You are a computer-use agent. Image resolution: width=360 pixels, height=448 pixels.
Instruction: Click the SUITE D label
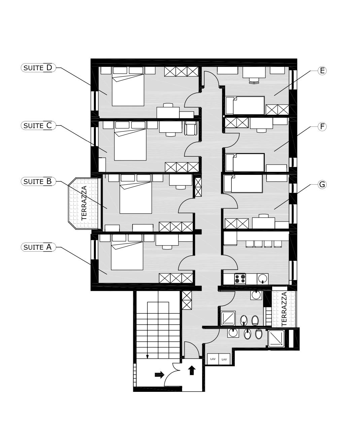tap(38, 68)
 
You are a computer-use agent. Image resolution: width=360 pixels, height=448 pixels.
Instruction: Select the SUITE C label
tap(38, 125)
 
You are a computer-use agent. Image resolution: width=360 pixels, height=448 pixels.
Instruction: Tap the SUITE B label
tap(38, 181)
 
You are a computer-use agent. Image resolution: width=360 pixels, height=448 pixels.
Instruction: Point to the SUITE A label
tap(38, 247)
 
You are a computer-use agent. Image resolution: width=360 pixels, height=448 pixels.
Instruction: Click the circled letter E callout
tap(322, 71)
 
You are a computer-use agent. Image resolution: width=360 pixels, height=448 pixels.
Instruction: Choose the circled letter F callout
tap(322, 126)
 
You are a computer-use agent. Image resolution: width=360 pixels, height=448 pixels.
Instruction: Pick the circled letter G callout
tap(322, 184)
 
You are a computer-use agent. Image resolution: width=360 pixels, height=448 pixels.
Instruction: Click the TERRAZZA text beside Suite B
tap(84, 203)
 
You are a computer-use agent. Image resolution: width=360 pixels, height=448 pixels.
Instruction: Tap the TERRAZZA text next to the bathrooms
tap(284, 309)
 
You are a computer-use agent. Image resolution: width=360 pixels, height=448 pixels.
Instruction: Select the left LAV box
tap(213, 359)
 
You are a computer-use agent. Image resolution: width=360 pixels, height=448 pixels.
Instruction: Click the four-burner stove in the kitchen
tap(240, 279)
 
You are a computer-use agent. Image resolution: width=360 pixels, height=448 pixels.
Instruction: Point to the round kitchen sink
tap(263, 278)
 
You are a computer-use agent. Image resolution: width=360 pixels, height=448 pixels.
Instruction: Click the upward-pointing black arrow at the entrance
tap(192, 370)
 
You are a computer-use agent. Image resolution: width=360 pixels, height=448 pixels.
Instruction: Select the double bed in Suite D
tap(128, 89)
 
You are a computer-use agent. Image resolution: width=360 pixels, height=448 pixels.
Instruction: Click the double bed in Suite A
tap(127, 256)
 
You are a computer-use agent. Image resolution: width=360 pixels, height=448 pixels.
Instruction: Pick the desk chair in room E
tap(254, 81)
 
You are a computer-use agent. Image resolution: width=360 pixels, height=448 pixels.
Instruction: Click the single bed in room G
tap(243, 184)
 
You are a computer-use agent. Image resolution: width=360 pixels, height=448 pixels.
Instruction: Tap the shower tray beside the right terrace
tap(276, 338)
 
